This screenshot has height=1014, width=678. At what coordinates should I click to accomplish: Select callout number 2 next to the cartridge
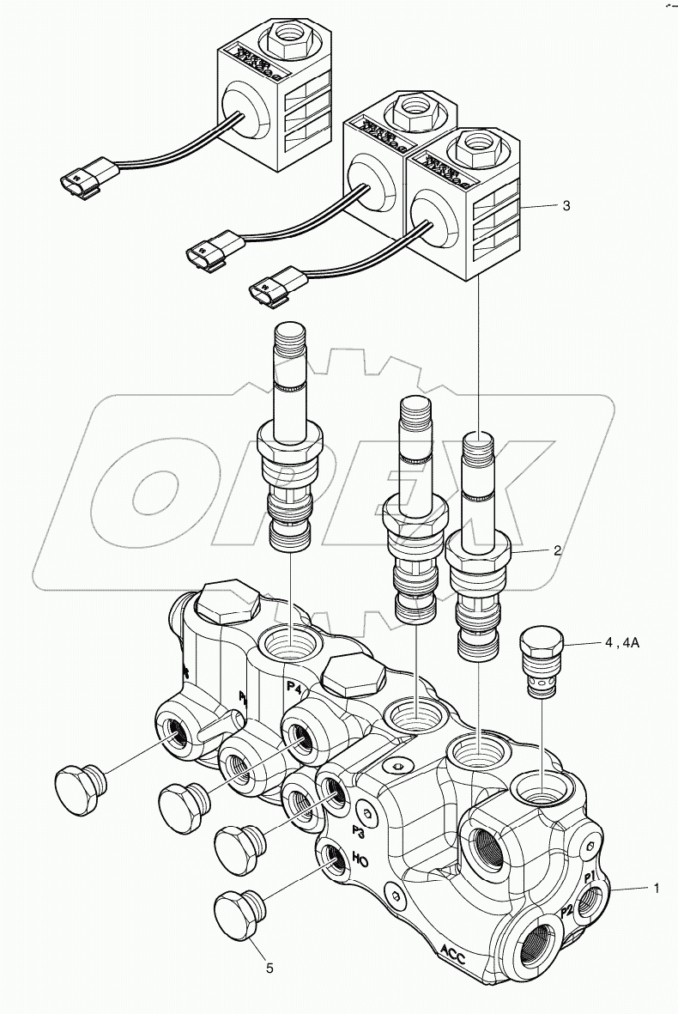[557, 550]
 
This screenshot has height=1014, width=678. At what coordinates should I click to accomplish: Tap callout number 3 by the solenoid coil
[566, 206]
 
